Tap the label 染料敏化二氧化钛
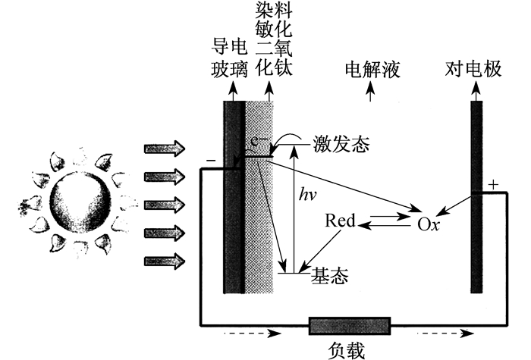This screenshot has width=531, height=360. coord(274,38)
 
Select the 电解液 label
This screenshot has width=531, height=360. coord(372,70)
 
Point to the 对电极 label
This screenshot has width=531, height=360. coord(473,69)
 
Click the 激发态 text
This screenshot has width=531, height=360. coord(341,144)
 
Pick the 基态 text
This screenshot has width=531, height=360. coord(329,275)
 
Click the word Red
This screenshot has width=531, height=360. coord(340,221)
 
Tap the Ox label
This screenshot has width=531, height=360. coord(429,224)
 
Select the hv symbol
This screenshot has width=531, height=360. coord(307,195)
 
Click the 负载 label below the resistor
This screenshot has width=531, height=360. coord(346,350)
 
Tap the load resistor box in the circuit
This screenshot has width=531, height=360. coord(350,326)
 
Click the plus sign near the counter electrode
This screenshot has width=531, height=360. coord(493,185)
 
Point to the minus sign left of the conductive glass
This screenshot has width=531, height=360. coord(211,160)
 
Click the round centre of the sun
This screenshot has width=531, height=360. coord(80,202)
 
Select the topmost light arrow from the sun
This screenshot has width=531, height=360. coord(165,149)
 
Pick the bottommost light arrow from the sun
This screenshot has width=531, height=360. coord(165,261)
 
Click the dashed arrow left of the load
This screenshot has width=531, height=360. coord(253,333)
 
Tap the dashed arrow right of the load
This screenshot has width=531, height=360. coord(445,333)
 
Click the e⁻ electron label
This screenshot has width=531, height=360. coord(259,141)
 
